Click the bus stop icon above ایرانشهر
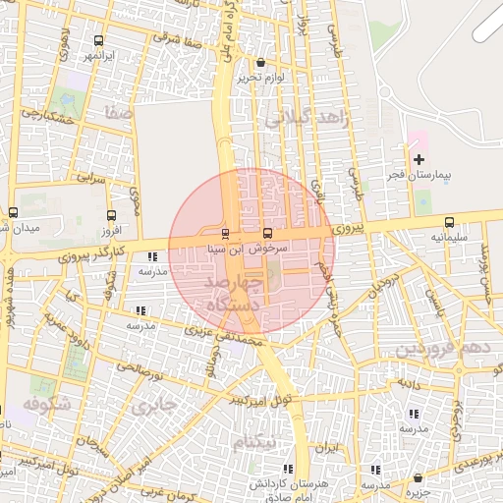(97, 41)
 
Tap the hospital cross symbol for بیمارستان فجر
(419, 159)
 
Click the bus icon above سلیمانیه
(449, 222)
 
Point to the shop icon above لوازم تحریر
(259, 63)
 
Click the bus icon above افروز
(111, 215)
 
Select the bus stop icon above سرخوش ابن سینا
(269, 234)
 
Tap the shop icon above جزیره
(418, 477)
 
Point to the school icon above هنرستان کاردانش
(288, 470)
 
